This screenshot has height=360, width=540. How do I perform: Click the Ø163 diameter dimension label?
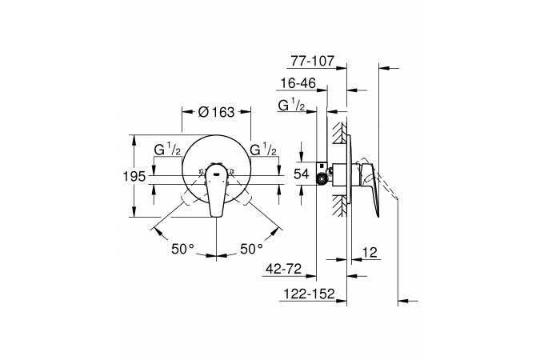(x=216, y=112)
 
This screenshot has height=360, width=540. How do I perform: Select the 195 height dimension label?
(x=134, y=176)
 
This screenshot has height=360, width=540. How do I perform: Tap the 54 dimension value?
(x=302, y=174)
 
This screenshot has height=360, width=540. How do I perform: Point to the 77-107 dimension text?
(x=312, y=61)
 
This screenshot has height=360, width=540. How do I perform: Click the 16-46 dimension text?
(x=298, y=83)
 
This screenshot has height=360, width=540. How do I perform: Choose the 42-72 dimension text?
(x=284, y=269)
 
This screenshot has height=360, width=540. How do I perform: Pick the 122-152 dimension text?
(x=309, y=294)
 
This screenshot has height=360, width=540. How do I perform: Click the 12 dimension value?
(x=370, y=253)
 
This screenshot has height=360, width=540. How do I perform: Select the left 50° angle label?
(x=183, y=249)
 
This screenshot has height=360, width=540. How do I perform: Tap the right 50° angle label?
(x=251, y=249)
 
